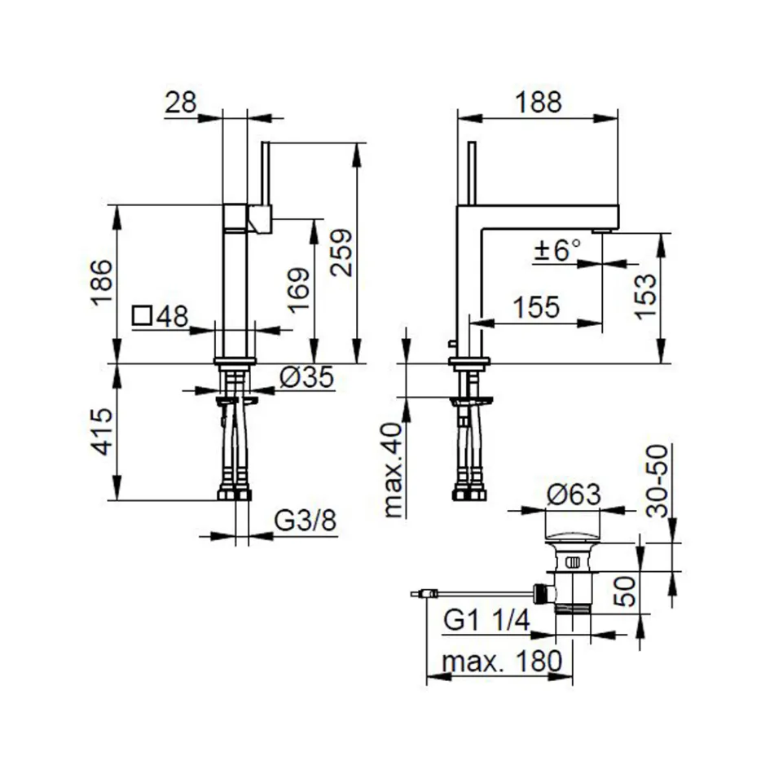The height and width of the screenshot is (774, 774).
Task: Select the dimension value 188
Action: pyautogui.click(x=538, y=103)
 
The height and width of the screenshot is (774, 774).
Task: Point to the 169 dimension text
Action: pyautogui.click(x=298, y=291)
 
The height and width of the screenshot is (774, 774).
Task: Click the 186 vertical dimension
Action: pyautogui.click(x=101, y=283)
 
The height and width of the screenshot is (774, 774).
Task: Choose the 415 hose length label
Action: pyautogui.click(x=101, y=432)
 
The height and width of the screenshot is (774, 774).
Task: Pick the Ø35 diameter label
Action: pyautogui.click(x=306, y=377)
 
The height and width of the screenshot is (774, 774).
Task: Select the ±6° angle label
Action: pyautogui.click(x=558, y=249)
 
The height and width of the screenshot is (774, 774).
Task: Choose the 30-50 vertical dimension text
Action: pyautogui.click(x=657, y=481)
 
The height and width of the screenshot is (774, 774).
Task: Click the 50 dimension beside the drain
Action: pyautogui.click(x=626, y=588)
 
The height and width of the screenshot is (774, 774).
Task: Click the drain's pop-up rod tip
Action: pyautogui.click(x=417, y=595)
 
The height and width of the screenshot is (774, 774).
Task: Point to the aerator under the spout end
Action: pyautogui.click(x=603, y=231)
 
